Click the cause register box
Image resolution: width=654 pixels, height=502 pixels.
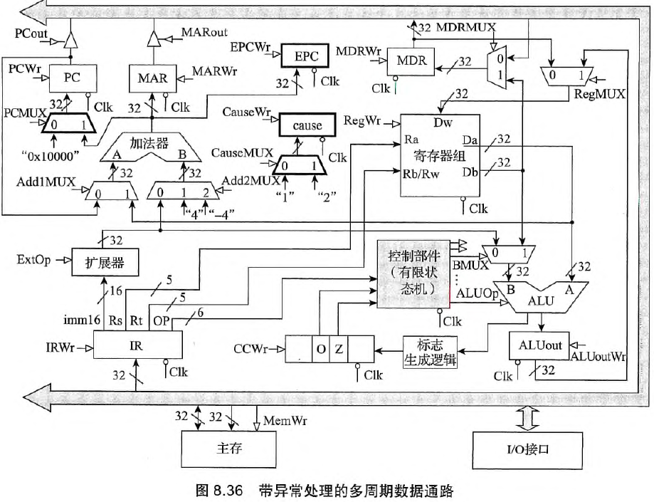tap(306, 125)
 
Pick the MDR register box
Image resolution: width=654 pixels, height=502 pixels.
tap(411, 61)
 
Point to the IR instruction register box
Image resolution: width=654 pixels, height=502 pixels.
tap(139, 347)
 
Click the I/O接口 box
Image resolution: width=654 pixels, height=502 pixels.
tap(517, 450)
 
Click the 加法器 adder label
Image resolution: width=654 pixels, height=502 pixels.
tap(150, 142)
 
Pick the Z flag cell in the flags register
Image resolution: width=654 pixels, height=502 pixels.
tap(339, 349)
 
